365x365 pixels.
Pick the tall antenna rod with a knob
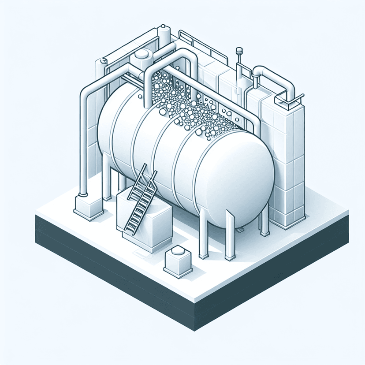pyautogui.click(x=239, y=60)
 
